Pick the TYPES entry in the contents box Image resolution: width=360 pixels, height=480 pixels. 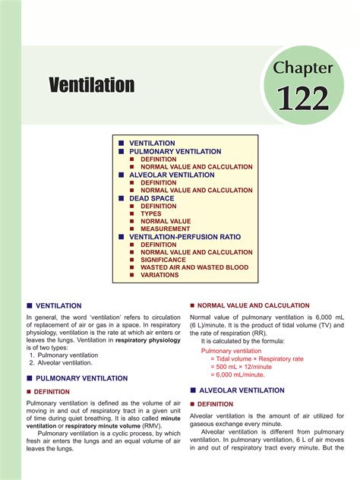point(155,213)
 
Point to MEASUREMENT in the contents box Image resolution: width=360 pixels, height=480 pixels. point(165,229)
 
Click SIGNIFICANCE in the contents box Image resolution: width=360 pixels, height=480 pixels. point(163,260)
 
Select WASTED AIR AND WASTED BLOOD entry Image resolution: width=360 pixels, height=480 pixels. point(194,267)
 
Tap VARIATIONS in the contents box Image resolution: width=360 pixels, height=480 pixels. point(159,275)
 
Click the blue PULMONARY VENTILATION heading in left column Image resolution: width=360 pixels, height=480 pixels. point(82,377)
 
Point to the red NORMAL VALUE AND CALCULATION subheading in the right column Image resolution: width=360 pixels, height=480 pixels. point(241,305)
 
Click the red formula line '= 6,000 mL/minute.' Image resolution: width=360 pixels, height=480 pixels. point(238,374)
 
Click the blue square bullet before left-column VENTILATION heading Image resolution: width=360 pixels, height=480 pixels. point(30,305)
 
